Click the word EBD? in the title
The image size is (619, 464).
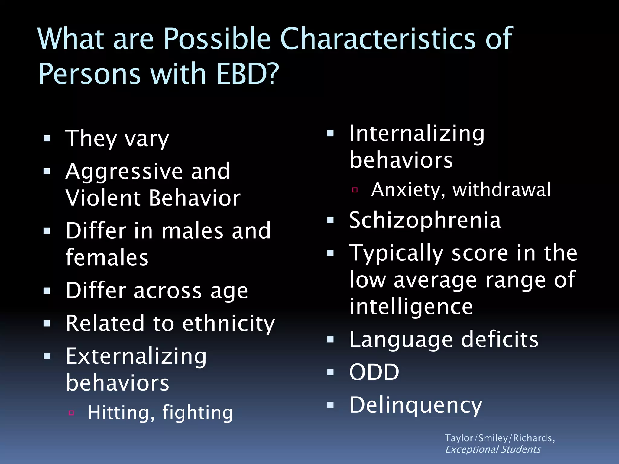[x=247, y=74]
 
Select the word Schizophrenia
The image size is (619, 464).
[x=425, y=220]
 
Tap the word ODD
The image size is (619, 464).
[x=374, y=372]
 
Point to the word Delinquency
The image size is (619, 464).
[x=416, y=405]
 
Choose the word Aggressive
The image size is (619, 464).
[x=124, y=172]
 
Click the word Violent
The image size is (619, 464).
[x=103, y=198]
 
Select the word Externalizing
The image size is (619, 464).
[x=136, y=356]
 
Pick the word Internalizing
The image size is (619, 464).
[x=417, y=134]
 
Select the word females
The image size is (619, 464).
[x=107, y=258]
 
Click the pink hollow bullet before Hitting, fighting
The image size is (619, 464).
[x=71, y=413]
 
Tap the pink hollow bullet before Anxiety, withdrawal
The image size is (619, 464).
[x=355, y=190]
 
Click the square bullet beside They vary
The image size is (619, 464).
[x=47, y=139]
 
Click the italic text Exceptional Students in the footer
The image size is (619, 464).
[x=493, y=449]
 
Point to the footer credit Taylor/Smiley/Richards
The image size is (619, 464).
[x=499, y=438]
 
